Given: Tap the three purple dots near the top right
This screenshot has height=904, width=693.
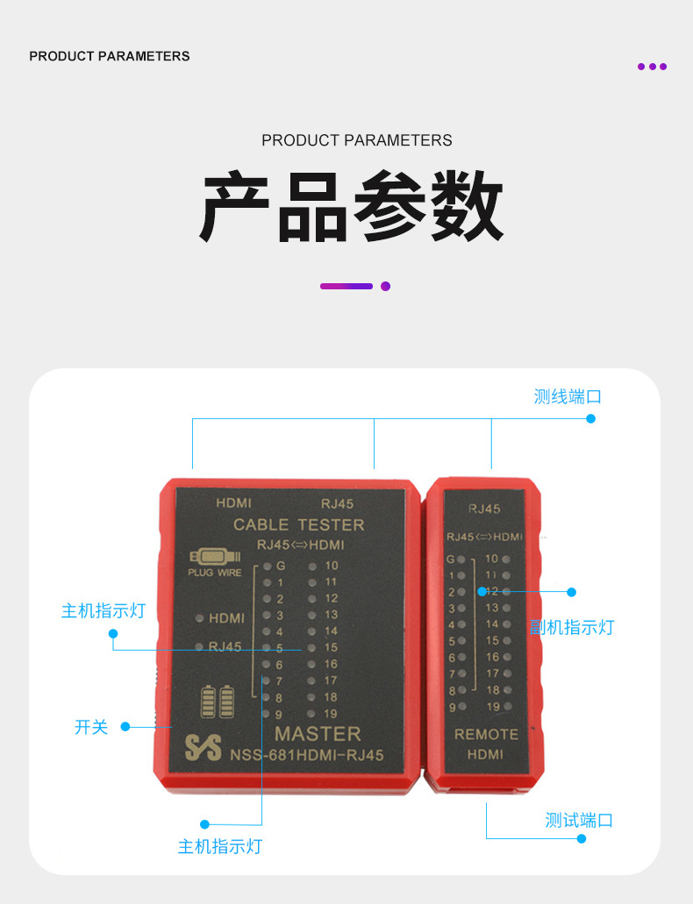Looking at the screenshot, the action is tap(652, 67).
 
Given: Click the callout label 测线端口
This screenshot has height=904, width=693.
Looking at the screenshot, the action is tap(568, 396).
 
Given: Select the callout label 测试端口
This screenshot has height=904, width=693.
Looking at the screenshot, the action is tap(579, 821).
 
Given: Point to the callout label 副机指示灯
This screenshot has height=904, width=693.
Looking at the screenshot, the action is tap(572, 628).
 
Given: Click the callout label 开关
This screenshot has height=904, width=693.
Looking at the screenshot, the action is tap(91, 727).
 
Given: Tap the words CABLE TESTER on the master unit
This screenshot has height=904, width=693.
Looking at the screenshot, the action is tap(298, 524).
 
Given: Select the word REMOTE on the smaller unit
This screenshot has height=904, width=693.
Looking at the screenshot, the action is tap(486, 734).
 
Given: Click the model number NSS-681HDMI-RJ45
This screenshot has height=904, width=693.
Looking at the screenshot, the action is tap(307, 756).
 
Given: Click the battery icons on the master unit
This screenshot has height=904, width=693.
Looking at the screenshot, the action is tap(218, 701).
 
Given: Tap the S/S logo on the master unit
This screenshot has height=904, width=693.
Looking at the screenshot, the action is tap(203, 746).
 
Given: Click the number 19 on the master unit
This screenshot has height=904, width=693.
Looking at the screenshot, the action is tap(330, 714).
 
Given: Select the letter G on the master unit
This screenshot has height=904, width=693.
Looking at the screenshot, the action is tap(282, 566).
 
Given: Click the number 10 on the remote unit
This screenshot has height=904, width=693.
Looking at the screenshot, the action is tap(491, 559).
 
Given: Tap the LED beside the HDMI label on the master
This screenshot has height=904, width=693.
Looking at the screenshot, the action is tap(201, 618).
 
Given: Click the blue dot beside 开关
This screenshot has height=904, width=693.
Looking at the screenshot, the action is tap(125, 726).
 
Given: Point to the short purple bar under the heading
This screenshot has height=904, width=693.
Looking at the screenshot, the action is tap(346, 286).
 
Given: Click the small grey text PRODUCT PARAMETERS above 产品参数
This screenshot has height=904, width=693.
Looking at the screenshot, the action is tap(357, 140).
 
